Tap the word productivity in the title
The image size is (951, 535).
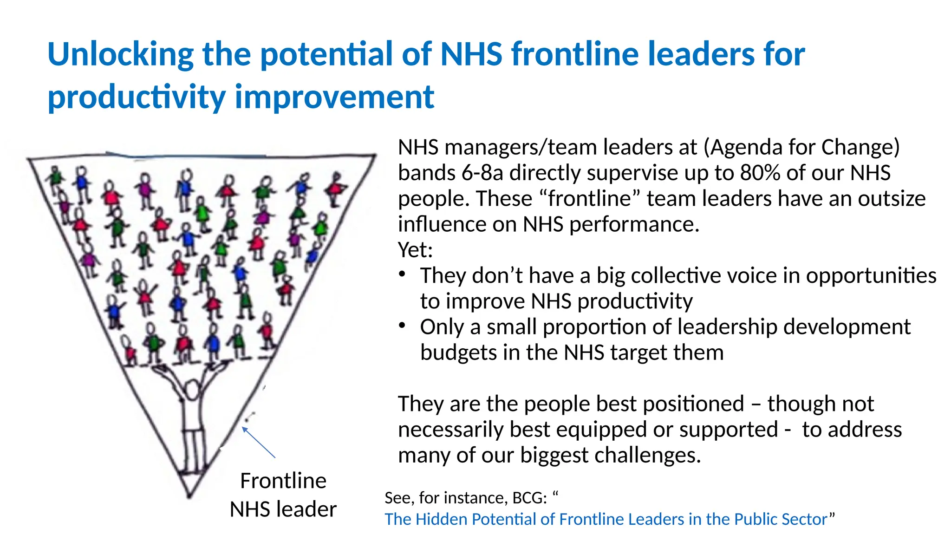tap(137, 98)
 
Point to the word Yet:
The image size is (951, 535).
tap(415, 250)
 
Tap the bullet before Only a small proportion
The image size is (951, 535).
tap(403, 326)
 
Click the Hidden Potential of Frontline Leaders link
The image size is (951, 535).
tap(606, 519)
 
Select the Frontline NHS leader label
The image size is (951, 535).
tap(283, 495)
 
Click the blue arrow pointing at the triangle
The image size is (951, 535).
tap(258, 443)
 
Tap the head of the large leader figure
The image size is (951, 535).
tap(192, 389)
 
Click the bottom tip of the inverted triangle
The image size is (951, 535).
tap(189, 496)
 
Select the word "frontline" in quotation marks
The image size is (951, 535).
tap(590, 199)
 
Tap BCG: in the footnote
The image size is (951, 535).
tap(529, 498)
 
